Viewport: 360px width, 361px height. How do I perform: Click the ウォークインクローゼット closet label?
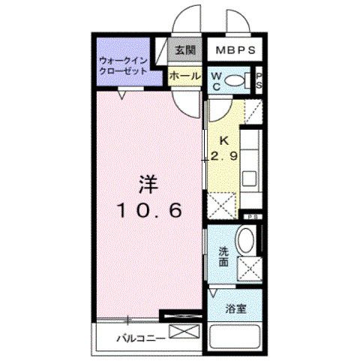click(x=124, y=66)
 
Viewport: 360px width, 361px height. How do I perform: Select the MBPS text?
click(x=232, y=51)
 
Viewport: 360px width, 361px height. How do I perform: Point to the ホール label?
click(x=184, y=76)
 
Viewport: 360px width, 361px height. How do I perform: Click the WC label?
click(x=216, y=80)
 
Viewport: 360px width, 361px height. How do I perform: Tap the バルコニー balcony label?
click(x=139, y=339)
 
